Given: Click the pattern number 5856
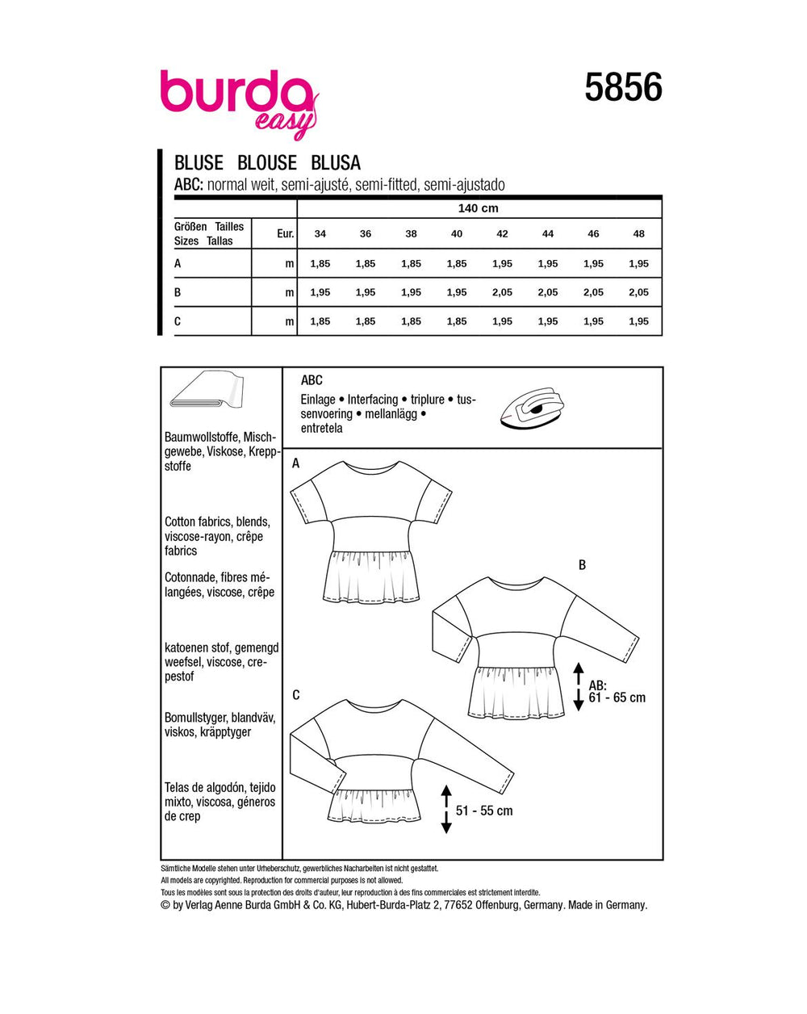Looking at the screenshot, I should point(623,87).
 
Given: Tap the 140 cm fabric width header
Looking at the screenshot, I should point(479,208).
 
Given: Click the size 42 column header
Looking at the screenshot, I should point(502,234).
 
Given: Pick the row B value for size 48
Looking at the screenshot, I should point(638,292).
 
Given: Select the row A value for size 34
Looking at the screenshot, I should point(320,264).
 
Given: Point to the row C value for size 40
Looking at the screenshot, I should point(457,321).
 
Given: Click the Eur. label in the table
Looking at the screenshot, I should point(284,234).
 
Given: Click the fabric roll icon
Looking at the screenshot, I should point(207,394).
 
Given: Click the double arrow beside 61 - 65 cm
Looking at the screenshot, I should point(578,686).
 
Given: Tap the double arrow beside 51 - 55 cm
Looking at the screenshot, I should point(445,810).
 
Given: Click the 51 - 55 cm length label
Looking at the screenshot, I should point(484,811).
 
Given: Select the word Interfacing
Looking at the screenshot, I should point(373,400).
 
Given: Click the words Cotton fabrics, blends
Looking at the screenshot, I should point(217,522).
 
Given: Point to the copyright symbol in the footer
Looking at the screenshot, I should point(166,906).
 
